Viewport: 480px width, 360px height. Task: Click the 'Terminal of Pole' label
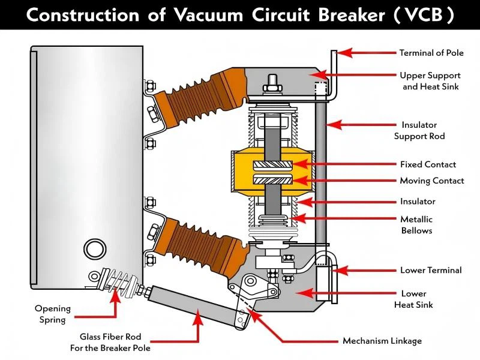(431, 53)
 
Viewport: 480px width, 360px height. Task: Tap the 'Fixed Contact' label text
(428, 164)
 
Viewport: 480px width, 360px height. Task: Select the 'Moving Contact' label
(431, 181)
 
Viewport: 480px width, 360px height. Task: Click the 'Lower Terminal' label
(431, 271)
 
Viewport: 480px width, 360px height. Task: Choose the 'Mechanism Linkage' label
(382, 341)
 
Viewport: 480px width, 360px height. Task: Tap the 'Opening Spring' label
(52, 314)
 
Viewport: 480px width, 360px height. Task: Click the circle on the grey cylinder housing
(94, 248)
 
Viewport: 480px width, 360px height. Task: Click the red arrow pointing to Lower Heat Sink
(324, 293)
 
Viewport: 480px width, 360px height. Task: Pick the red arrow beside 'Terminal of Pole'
(368, 53)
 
